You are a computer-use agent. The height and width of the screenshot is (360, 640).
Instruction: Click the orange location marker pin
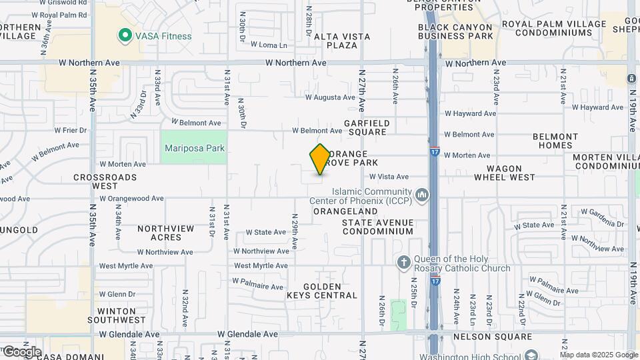[x=320, y=159]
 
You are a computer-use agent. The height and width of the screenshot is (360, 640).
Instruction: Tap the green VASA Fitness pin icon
[x=124, y=36]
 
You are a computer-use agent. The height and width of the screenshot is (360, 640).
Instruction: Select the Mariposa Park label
[x=194, y=149]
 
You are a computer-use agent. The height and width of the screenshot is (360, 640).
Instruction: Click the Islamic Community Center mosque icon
[x=421, y=195]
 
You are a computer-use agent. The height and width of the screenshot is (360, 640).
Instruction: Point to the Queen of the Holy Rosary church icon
[x=403, y=262]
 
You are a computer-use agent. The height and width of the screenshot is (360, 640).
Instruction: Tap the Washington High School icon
[x=530, y=355]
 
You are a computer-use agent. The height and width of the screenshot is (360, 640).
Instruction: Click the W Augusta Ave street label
[x=330, y=97]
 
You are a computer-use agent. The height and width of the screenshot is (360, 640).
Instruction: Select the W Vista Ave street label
[x=389, y=177]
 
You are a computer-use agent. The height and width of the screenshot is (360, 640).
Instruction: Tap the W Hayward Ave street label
[x=470, y=114]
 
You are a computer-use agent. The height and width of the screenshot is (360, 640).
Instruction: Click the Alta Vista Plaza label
[x=335, y=41]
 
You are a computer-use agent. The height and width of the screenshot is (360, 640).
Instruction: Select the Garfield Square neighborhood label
[x=366, y=127]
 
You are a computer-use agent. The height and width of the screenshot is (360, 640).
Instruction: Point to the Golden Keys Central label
[x=322, y=290]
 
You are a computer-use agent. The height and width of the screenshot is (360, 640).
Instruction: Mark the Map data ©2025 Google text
[x=598, y=355]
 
